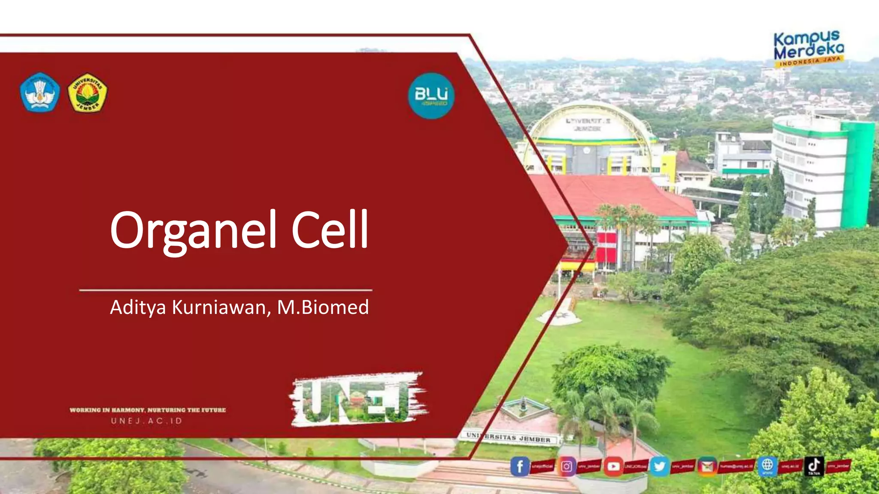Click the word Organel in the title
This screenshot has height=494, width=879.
pyautogui.click(x=193, y=231)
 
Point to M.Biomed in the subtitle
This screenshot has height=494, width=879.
pyautogui.click(x=323, y=307)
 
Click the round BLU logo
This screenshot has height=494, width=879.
pyautogui.click(x=431, y=95)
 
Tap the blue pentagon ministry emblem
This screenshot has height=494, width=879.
pyautogui.click(x=39, y=92)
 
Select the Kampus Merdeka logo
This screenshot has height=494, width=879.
pyautogui.click(x=809, y=48)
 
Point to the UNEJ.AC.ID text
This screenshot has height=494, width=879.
pyautogui.click(x=147, y=421)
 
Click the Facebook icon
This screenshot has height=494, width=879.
pyautogui.click(x=520, y=466)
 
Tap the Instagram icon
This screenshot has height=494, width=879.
pyautogui.click(x=567, y=466)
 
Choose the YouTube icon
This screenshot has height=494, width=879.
pyautogui.click(x=613, y=466)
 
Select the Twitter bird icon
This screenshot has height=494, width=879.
pyautogui.click(x=660, y=466)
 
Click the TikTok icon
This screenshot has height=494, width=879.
pyautogui.click(x=814, y=466)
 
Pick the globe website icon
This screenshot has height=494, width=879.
pyautogui.click(x=767, y=466)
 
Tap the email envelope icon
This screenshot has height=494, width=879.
pyautogui.click(x=707, y=466)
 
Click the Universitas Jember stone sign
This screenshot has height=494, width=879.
pyautogui.click(x=509, y=438)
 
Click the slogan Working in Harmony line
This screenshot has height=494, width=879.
pyautogui.click(x=148, y=410)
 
